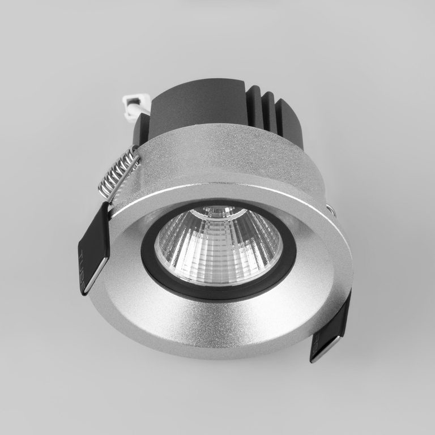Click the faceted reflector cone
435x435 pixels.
pyautogui.click(x=218, y=244)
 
